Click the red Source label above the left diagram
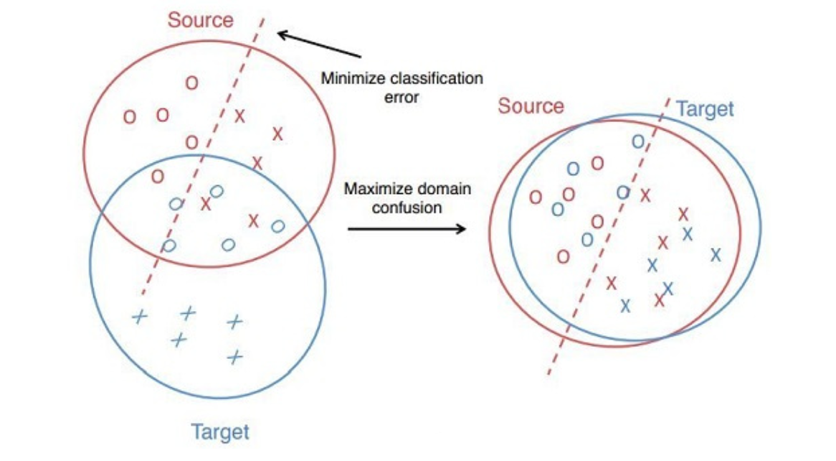pyautogui.click(x=200, y=19)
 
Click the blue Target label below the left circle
pyautogui.click(x=220, y=432)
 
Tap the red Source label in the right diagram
pyautogui.click(x=531, y=106)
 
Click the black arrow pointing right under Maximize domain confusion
pyautogui.click(x=405, y=230)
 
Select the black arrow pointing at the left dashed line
pyautogui.click(x=318, y=45)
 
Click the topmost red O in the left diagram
pyautogui.click(x=191, y=83)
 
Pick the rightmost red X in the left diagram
pyautogui.click(x=278, y=133)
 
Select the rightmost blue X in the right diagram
pyautogui.click(x=715, y=253)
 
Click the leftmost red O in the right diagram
pyautogui.click(x=536, y=197)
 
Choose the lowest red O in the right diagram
pyautogui.click(x=564, y=256)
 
